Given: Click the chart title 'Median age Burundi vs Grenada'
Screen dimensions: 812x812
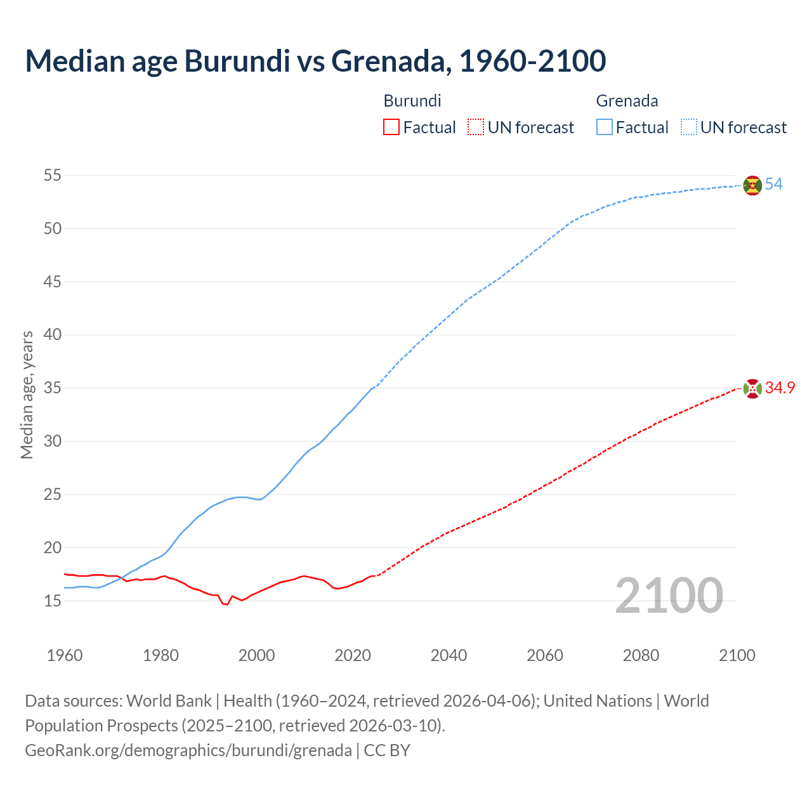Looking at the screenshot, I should coord(315,61).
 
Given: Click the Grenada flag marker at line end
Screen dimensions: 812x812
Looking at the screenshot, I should coord(752,185).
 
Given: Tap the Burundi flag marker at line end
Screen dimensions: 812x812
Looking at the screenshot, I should coord(752,388).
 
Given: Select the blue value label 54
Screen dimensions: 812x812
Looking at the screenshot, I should coord(774,185).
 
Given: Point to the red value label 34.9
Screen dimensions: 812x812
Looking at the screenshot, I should coord(780,388).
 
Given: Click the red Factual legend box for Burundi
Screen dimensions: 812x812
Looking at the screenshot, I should coord(391,128).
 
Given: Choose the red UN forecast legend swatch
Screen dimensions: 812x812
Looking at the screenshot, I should coord(475,128).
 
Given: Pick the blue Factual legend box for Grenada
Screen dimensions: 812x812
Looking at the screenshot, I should coord(605,128).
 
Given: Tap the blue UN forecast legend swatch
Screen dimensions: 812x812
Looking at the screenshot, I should coord(688,128).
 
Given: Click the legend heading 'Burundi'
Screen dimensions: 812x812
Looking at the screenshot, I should coord(412,101).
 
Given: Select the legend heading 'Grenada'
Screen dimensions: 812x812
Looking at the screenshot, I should coord(627,101).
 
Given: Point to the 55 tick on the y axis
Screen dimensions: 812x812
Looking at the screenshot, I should coord(52,175).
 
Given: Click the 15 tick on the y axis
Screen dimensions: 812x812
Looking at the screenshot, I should coord(52,601).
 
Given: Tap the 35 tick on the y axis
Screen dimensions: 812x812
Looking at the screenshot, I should coord(52,388).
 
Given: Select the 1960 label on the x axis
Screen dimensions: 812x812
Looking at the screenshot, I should coord(65,655).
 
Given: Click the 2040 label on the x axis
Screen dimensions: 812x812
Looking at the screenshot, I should coord(449,655).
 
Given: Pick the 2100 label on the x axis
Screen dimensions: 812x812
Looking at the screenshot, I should coord(737,655).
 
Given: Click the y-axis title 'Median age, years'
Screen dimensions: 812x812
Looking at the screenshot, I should coord(27,395).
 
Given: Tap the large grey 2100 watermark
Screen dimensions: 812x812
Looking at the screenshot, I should coord(669,595).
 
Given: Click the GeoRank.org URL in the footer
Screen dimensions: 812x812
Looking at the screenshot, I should coord(188,750).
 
